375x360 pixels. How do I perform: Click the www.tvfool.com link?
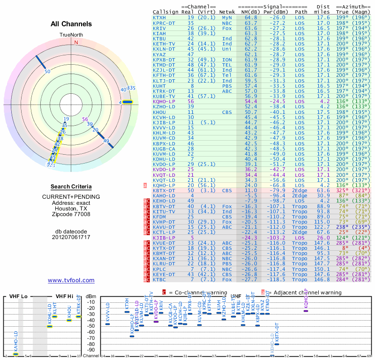[x=71, y=280]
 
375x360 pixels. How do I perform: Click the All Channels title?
[x=71, y=24]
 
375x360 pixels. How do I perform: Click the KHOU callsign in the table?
[x=160, y=112]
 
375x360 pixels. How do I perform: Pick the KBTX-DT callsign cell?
[x=164, y=190]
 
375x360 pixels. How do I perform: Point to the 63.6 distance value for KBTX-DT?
[x=323, y=190]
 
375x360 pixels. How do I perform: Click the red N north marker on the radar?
[x=76, y=42]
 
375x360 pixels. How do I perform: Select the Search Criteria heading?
[x=71, y=187]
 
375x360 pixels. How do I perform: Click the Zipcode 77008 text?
[x=71, y=215]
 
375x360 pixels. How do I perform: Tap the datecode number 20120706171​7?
[x=71, y=237]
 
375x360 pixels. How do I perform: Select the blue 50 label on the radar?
[x=47, y=71]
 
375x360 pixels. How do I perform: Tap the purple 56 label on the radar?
[x=85, y=119]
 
